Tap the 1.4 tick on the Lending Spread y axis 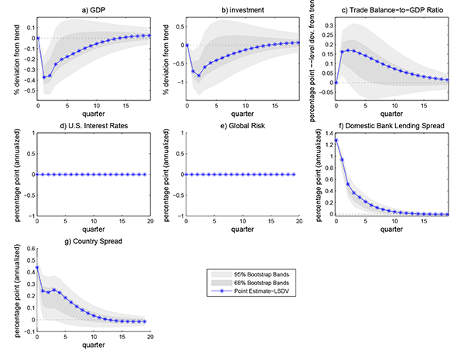[x=324, y=134]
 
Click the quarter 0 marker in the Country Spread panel [x=37, y=267]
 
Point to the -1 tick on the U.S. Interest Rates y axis [x=30, y=215]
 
